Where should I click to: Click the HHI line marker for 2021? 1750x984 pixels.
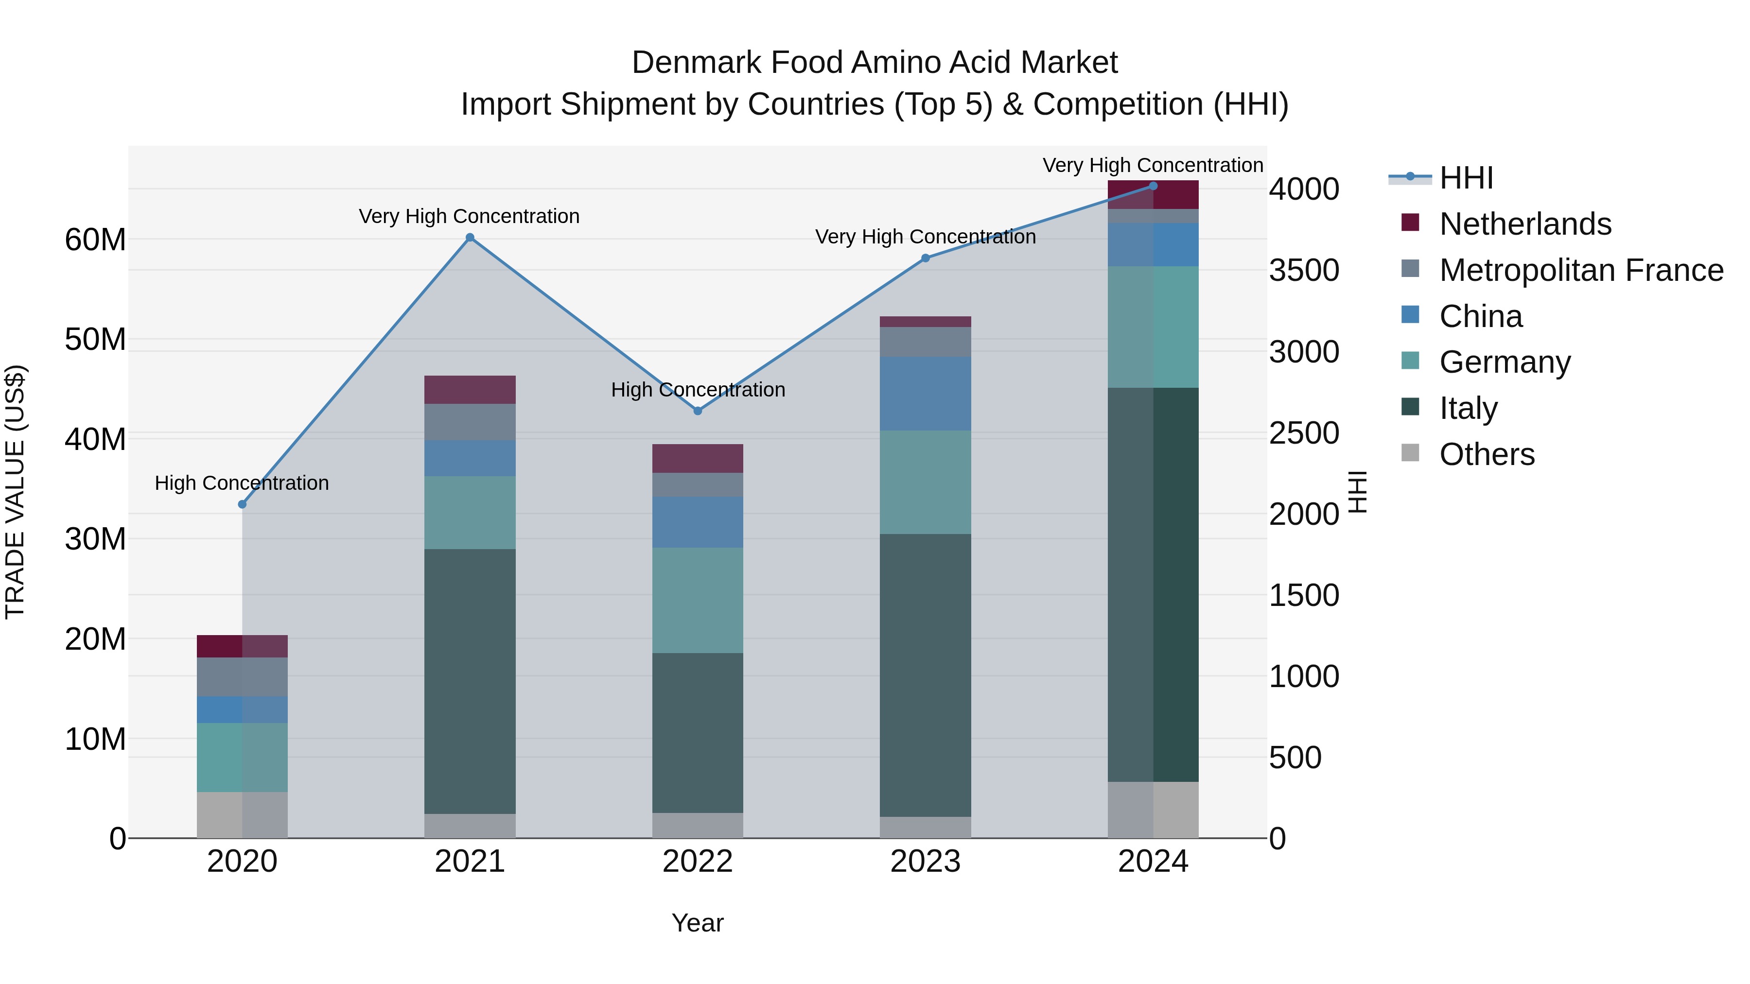click(x=470, y=238)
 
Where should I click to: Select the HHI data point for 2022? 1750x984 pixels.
click(x=697, y=411)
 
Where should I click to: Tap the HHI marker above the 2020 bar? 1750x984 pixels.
click(x=242, y=504)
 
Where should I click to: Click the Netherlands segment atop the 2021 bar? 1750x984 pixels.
click(x=470, y=390)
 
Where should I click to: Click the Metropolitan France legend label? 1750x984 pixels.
click(x=1580, y=270)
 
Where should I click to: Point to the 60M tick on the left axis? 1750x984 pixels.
click(x=95, y=240)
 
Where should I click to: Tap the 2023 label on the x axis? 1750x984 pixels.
click(x=925, y=862)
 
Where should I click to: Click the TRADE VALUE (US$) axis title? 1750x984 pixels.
click(x=15, y=492)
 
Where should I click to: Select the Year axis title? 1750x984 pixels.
click(x=697, y=923)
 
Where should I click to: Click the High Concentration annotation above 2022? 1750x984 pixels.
click(x=698, y=390)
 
